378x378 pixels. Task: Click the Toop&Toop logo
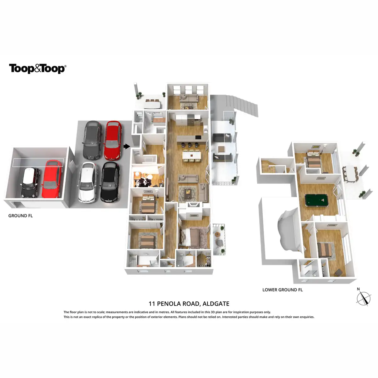pos(37,69)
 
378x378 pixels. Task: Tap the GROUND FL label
pos(20,216)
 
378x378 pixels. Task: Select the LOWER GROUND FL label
pos(282,290)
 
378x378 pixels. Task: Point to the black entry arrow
pos(127,146)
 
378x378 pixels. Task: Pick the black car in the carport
pos(110,182)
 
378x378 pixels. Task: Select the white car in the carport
pos(87,182)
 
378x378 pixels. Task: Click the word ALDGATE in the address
pos(216,304)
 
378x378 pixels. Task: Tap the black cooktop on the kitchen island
pos(198,137)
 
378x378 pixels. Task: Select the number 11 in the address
pos(152,304)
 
